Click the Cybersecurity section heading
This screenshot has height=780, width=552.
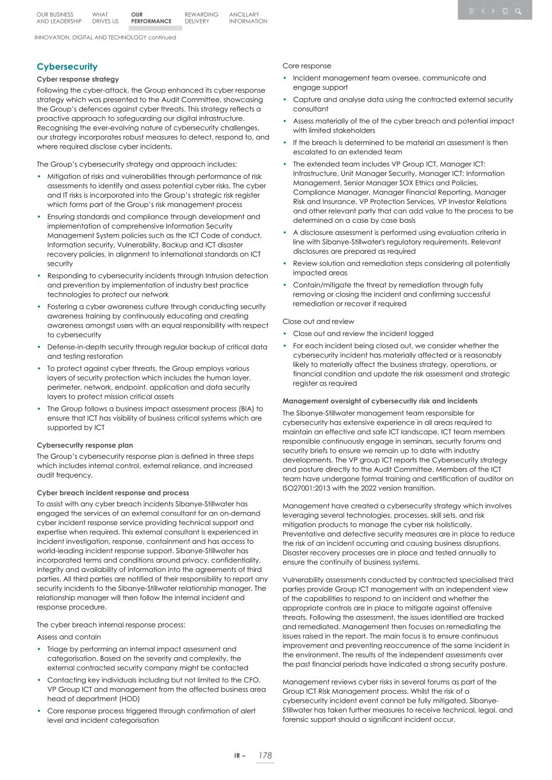coord(67,67)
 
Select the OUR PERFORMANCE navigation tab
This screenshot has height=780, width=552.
coord(150,18)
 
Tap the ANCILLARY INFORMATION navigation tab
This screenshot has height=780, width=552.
coord(248,18)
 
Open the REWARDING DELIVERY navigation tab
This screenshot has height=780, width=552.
coord(201,18)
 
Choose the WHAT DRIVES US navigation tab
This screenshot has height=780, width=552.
coord(105,18)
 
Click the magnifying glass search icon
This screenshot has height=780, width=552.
coord(518,11)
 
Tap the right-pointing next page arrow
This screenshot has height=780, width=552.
coord(494,11)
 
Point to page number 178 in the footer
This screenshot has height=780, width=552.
coord(264,755)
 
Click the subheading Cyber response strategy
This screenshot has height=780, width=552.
coord(78,79)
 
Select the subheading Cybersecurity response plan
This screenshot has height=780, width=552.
coord(85,445)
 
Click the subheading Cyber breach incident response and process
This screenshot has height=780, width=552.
coord(113,493)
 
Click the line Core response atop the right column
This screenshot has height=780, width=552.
coord(307,66)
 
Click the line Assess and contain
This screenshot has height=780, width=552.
coord(69,637)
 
